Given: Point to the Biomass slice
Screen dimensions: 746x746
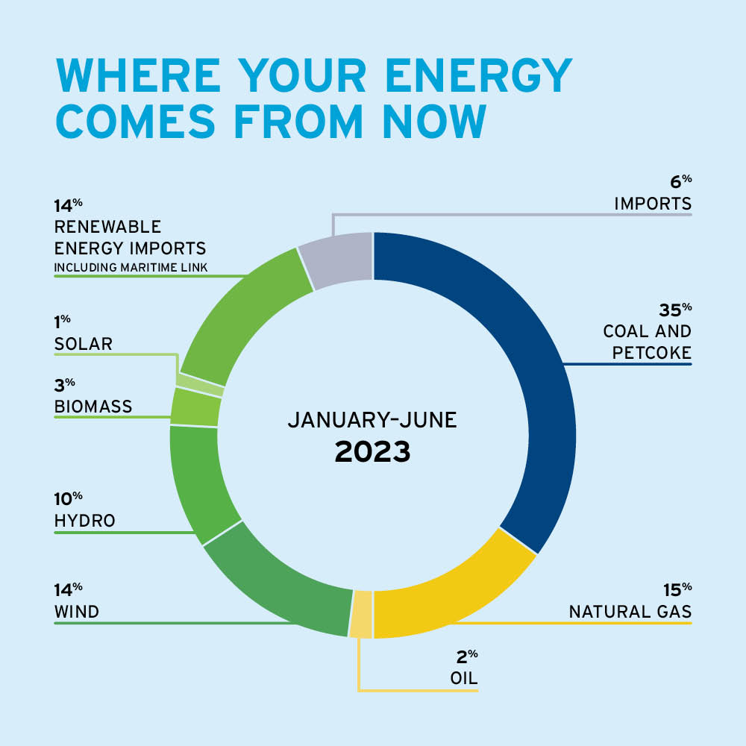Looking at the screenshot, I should (x=196, y=407).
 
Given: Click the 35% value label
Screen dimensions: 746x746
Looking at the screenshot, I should (x=674, y=308).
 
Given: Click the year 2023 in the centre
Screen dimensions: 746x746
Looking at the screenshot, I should (x=372, y=451).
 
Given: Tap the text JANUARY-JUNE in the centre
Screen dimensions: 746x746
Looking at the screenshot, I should (x=372, y=420).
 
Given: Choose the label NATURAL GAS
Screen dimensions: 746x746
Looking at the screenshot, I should (x=630, y=612).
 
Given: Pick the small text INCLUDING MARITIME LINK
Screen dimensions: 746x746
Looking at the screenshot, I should (x=131, y=267).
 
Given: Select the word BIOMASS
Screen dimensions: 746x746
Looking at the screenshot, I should (x=93, y=407).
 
